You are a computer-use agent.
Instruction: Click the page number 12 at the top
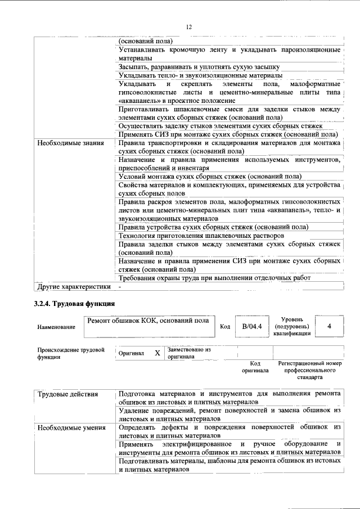189,27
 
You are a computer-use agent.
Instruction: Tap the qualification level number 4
329,326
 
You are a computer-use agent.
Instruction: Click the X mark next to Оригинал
157,353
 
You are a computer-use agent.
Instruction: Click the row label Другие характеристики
73,287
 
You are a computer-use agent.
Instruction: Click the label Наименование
56,327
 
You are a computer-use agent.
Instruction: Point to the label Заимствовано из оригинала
188,353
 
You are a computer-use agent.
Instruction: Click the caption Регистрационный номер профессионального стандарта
310,371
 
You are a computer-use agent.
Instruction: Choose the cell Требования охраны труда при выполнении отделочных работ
214,278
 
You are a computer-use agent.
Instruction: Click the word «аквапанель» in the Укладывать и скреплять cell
138,100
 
